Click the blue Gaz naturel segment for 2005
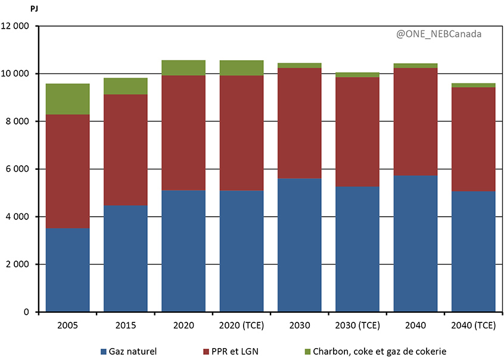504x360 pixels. tap(67, 270)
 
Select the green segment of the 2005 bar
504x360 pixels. tap(67, 99)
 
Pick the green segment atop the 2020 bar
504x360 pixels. tap(183, 68)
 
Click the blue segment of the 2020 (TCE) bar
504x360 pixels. tap(242, 251)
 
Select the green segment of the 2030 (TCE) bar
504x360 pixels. tap(357, 75)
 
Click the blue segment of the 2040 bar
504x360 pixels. tap(416, 243)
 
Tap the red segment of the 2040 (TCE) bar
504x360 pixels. tap(474, 139)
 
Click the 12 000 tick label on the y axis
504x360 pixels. tap(17, 26)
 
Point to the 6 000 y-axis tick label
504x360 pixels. tap(20, 169)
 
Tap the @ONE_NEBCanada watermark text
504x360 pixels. tap(438, 34)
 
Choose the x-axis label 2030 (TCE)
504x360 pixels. tap(357, 325)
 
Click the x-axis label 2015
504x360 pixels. tap(126, 325)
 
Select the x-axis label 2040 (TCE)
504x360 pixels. tap(474, 325)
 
